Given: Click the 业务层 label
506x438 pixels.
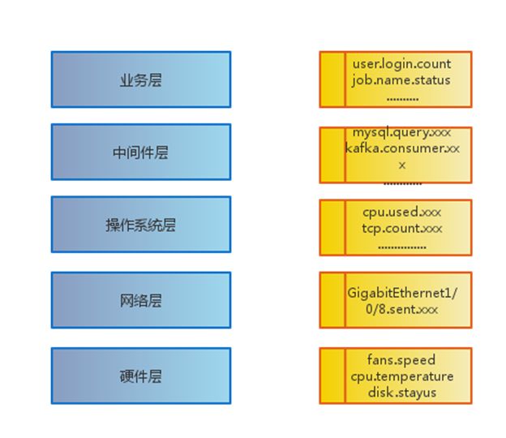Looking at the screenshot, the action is (141, 79).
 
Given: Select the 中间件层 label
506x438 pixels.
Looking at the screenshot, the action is (141, 152).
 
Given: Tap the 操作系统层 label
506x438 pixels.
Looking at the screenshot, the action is (141, 225).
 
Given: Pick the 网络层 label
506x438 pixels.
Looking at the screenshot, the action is (141, 300).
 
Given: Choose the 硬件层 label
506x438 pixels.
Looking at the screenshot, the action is (141, 376).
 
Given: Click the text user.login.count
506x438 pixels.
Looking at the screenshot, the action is (401, 64).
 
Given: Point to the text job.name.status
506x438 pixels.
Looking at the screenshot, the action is (401, 80).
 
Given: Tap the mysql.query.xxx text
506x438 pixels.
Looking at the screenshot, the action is (401, 133).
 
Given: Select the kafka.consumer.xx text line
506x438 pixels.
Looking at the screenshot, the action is (402, 148).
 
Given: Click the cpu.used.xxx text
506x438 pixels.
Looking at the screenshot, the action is (401, 213).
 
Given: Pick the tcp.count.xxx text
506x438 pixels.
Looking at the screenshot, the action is (402, 229).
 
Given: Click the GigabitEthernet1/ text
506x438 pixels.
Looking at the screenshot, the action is (402, 293).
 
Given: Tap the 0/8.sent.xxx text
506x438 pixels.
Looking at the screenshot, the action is (401, 309).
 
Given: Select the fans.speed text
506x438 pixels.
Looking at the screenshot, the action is (401, 360).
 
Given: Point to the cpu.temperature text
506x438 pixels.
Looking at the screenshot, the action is (402, 376).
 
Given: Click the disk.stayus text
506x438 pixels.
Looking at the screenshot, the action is (402, 393).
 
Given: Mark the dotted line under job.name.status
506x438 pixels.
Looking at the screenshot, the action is (402, 99).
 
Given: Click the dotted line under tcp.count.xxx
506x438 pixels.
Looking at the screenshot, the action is (402, 247).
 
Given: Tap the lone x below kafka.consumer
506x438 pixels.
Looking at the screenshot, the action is (402, 165).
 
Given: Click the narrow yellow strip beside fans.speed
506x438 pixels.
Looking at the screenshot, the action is (332, 376).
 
